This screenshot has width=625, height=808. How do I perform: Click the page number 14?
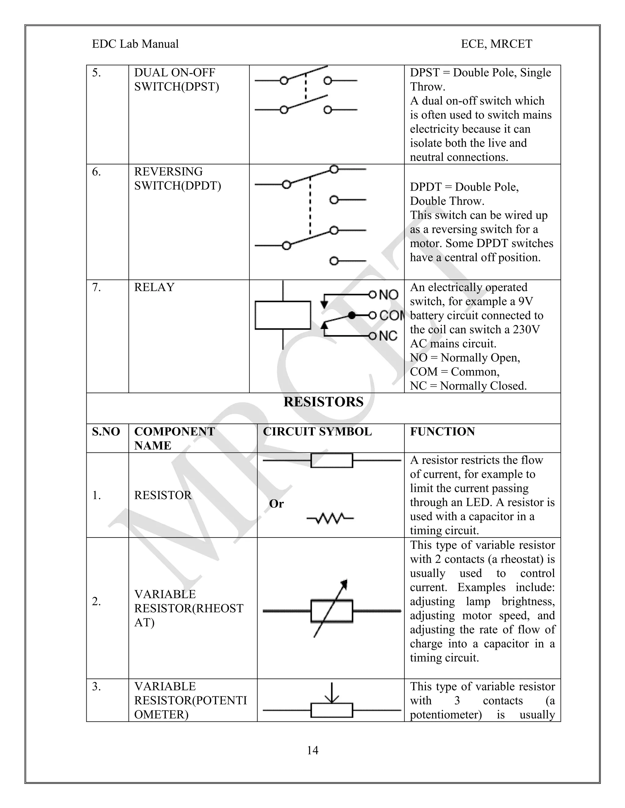(x=312, y=750)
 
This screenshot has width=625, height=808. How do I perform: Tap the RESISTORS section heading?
(x=323, y=402)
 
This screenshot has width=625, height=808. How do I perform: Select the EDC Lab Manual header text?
(x=135, y=44)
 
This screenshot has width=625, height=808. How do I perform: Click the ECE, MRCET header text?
(x=496, y=44)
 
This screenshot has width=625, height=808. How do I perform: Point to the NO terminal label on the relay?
(x=388, y=295)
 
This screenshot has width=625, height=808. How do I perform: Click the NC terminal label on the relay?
(x=388, y=336)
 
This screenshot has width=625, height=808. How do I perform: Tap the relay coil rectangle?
(x=283, y=315)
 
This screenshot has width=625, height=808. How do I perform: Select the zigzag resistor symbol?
(x=330, y=518)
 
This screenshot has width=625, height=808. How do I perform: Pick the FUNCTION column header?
(x=442, y=431)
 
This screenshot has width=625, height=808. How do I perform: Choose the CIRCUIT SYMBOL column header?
(x=317, y=431)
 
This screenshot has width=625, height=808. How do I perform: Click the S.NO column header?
(x=106, y=431)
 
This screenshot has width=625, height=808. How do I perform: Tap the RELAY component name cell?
(x=154, y=288)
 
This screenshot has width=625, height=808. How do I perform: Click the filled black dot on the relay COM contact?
(x=352, y=315)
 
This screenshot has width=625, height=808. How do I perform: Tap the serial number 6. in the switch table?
(x=96, y=172)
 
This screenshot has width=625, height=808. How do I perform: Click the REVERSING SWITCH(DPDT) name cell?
(x=177, y=179)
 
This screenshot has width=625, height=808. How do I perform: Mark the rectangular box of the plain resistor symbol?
(x=331, y=461)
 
